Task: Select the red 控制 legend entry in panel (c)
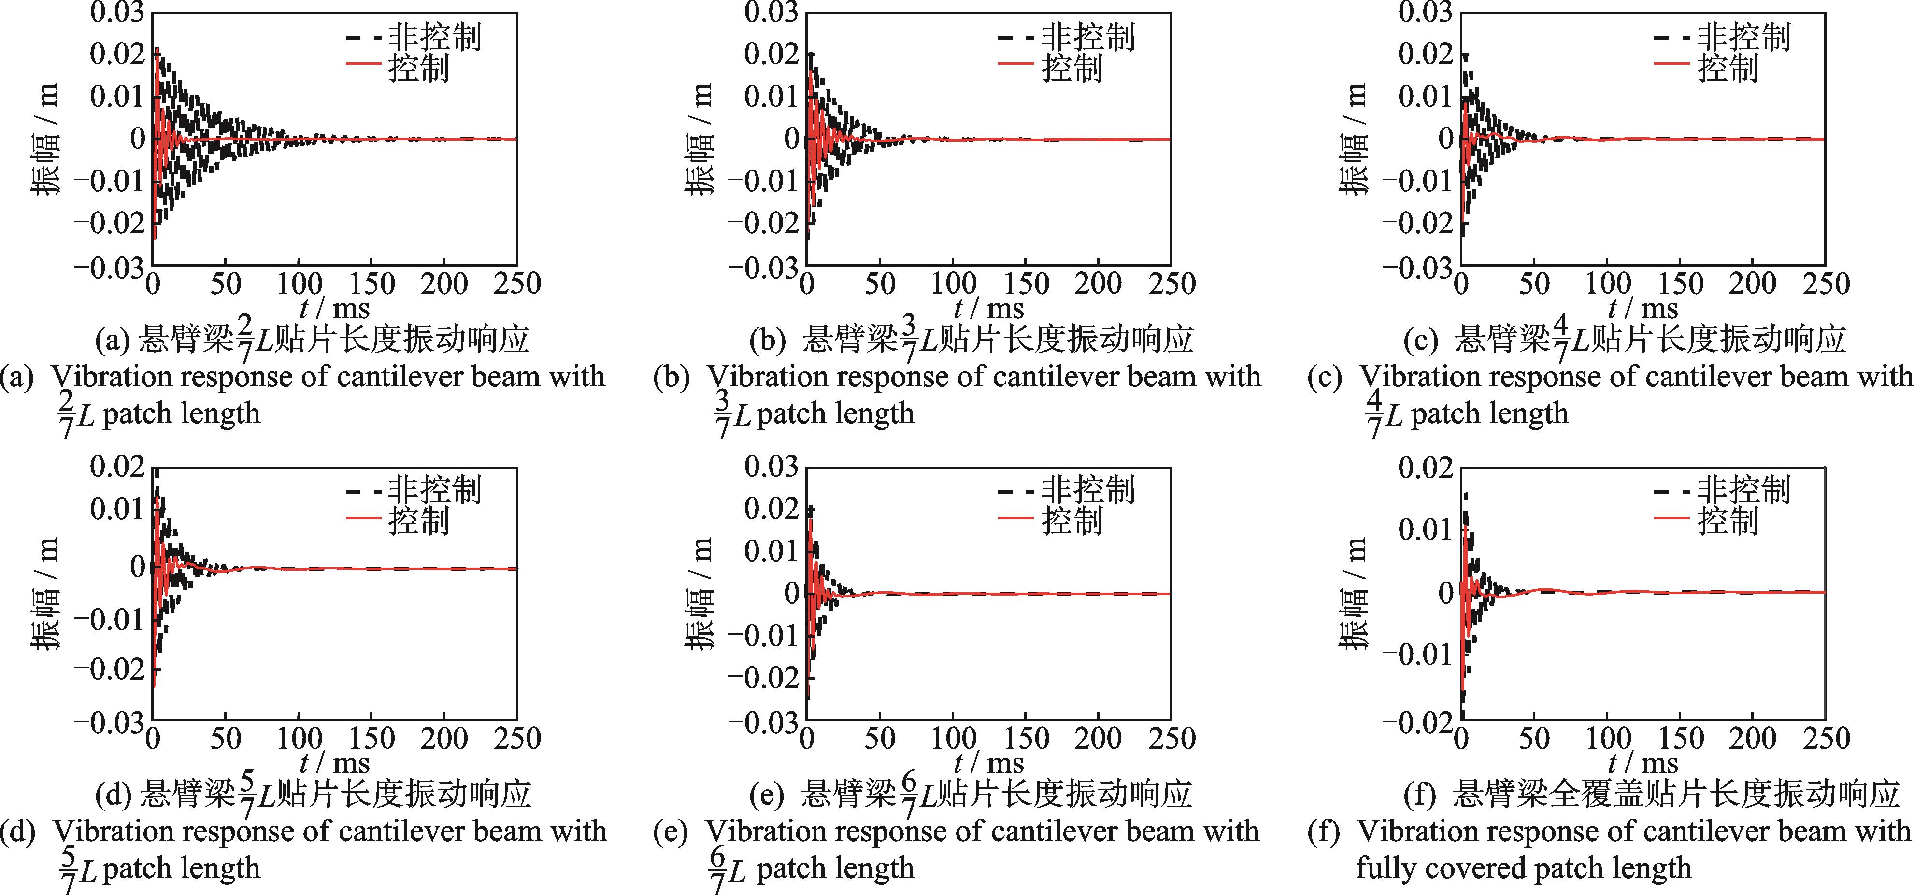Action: point(1728,68)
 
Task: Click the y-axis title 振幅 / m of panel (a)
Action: point(44,139)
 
